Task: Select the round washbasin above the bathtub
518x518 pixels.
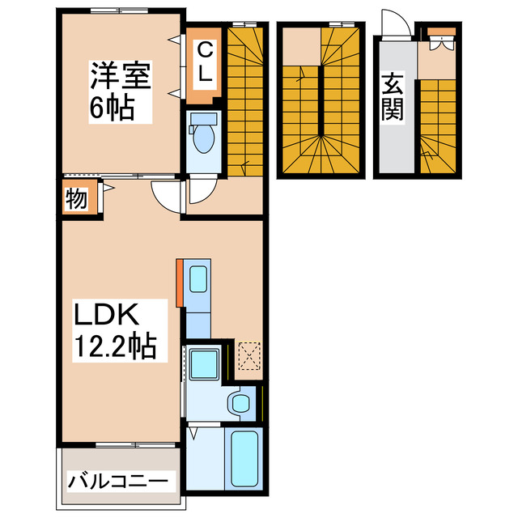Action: click(x=239, y=401)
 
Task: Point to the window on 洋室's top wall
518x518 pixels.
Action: click(x=118, y=11)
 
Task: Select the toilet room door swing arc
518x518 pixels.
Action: click(x=197, y=193)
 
